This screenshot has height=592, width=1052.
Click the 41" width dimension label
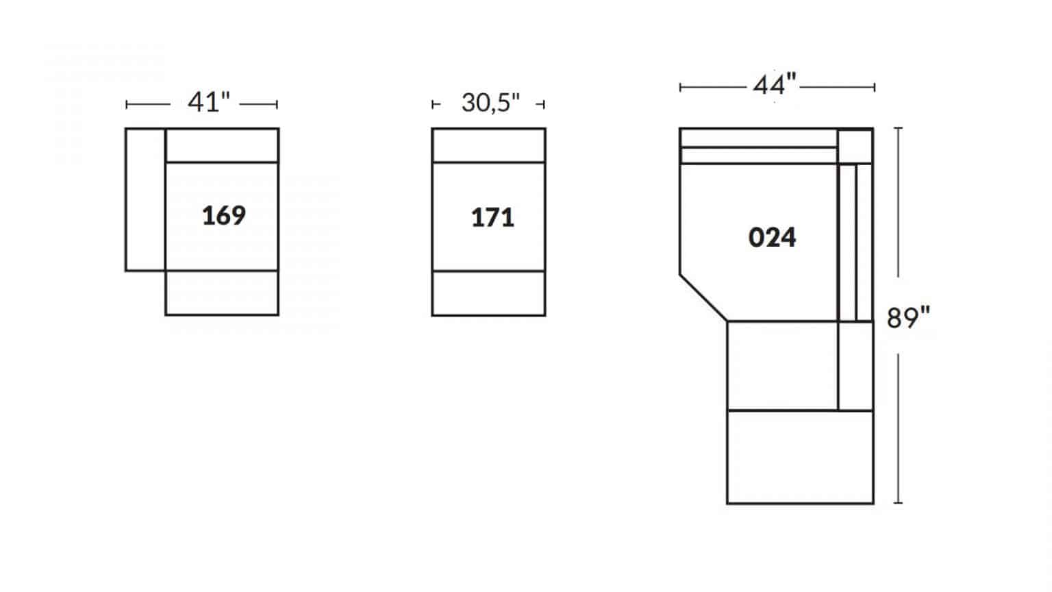point(209,102)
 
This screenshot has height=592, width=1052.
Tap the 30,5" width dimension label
point(491,103)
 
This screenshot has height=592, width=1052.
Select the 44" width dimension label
point(775,85)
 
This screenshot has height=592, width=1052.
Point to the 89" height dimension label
point(908,318)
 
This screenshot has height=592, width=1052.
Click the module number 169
point(223,216)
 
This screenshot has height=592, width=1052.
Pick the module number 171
point(492,217)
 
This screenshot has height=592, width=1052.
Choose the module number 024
point(772,237)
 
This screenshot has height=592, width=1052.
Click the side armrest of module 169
point(145,199)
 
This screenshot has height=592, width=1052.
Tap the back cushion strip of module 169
point(222,145)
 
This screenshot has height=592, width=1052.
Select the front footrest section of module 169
point(222,293)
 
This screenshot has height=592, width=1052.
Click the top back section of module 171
point(488,145)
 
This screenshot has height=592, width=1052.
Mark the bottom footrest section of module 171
point(488,293)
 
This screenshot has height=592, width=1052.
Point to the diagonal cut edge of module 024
point(703,298)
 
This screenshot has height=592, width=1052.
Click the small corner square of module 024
point(855,146)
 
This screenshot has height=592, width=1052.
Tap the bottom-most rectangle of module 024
point(800,457)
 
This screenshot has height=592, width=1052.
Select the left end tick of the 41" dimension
point(126,104)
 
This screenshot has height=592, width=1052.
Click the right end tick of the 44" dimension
point(875,88)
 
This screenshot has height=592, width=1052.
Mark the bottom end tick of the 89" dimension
point(898,503)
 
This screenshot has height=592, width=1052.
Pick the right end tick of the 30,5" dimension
point(544,104)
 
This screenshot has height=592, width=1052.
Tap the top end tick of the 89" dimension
point(898,128)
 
